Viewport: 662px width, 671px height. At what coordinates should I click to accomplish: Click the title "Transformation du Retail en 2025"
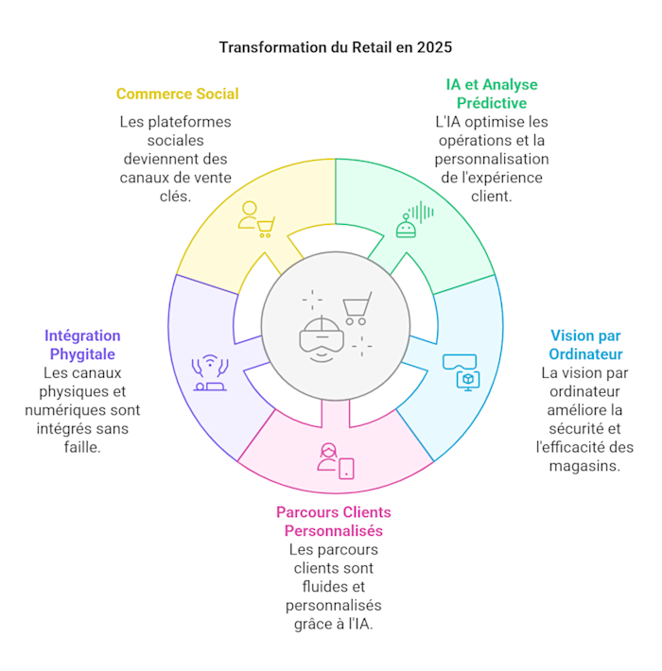330,46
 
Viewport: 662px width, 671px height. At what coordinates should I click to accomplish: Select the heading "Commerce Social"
177,94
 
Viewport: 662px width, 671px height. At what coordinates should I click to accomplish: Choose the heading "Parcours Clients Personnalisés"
334,521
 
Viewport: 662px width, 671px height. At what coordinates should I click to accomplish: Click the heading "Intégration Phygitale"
82,344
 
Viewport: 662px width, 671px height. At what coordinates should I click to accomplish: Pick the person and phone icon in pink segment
335,458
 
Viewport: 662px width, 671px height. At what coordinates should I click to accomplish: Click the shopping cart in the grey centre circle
357,307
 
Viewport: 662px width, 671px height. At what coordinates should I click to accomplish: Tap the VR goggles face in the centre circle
320,338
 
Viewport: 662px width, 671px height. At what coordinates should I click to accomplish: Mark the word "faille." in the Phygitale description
82,447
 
